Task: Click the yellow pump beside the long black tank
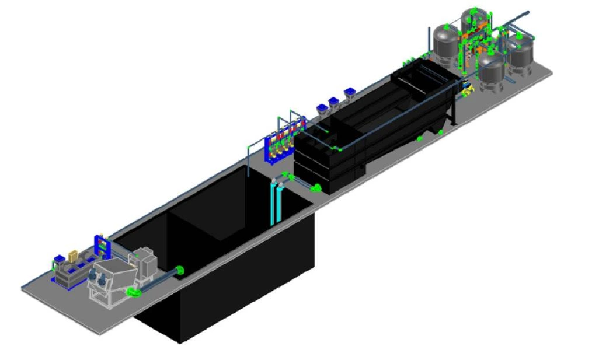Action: click(x=465, y=90)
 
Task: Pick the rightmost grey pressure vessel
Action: click(x=520, y=55)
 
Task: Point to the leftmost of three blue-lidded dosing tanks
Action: click(x=322, y=109)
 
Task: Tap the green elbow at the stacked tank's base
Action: click(x=316, y=188)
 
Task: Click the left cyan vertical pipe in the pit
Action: click(x=273, y=202)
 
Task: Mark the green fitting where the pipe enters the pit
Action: click(x=180, y=270)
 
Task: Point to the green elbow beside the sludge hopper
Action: click(x=134, y=292)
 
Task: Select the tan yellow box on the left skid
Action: click(x=73, y=256)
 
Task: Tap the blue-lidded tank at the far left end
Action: click(x=58, y=259)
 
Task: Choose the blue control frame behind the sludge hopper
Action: click(x=102, y=246)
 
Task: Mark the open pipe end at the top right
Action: click(x=527, y=12)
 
